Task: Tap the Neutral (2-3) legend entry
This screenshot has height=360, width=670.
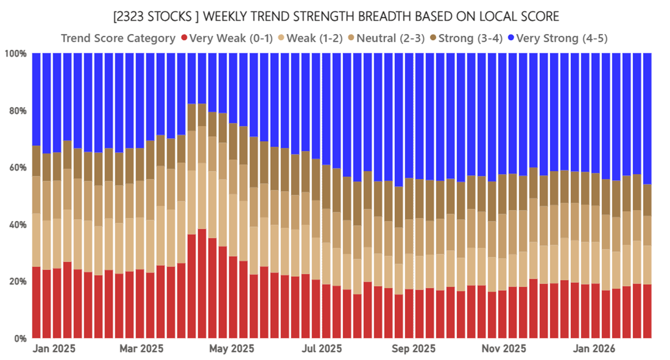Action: [391, 39]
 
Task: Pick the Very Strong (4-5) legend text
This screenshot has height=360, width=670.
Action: [562, 39]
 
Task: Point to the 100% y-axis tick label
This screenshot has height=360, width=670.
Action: [16, 54]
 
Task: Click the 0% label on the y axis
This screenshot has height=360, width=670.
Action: [20, 338]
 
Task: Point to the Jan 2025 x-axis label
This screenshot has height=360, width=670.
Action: [54, 349]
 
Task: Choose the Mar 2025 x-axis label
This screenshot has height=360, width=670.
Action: [142, 349]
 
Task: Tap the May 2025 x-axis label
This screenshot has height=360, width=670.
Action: [231, 349]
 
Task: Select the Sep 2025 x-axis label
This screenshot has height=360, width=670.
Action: [410, 349]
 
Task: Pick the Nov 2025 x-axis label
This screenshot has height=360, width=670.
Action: [499, 349]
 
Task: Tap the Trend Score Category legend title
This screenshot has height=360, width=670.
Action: [117, 39]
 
